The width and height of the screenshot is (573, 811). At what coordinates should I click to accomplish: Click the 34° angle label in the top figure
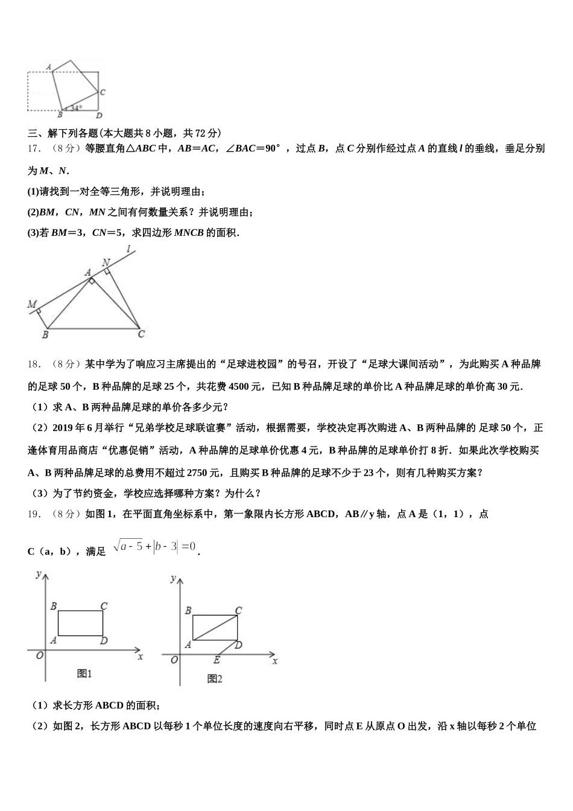(76, 109)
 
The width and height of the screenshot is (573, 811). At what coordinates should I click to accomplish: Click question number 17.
(34, 148)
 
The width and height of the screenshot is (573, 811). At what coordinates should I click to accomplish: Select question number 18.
(34, 364)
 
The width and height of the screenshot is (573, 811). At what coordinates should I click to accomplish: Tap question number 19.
(34, 514)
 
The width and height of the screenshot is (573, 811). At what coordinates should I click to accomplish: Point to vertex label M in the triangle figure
(32, 304)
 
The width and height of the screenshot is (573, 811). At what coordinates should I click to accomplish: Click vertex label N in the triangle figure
(106, 262)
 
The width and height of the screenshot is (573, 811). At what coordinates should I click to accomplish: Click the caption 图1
(84, 673)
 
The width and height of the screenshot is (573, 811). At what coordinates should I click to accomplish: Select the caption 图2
(215, 678)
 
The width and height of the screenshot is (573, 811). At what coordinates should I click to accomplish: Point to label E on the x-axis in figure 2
(217, 660)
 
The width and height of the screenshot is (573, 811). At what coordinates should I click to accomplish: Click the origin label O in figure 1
(40, 655)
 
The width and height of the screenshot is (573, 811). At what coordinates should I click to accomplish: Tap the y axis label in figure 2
(173, 578)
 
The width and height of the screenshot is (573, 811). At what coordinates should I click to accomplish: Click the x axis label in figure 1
(140, 657)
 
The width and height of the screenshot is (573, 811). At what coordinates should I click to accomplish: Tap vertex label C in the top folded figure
(103, 92)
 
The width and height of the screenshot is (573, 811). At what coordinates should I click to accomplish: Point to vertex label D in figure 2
(239, 645)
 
